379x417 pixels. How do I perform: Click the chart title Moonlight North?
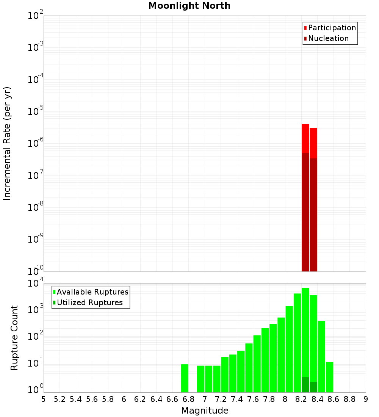[189, 6]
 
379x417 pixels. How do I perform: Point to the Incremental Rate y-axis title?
[7, 144]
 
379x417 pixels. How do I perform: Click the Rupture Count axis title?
[14, 338]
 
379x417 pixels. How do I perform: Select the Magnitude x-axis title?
[205, 411]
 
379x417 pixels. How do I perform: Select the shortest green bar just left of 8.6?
[329, 377]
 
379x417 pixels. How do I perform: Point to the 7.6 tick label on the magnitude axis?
[253, 399]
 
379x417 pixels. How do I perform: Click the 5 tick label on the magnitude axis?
[44, 399]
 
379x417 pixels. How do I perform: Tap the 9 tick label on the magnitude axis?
[366, 399]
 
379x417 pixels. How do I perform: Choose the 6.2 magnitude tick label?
[140, 399]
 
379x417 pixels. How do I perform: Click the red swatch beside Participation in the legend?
[305, 28]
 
